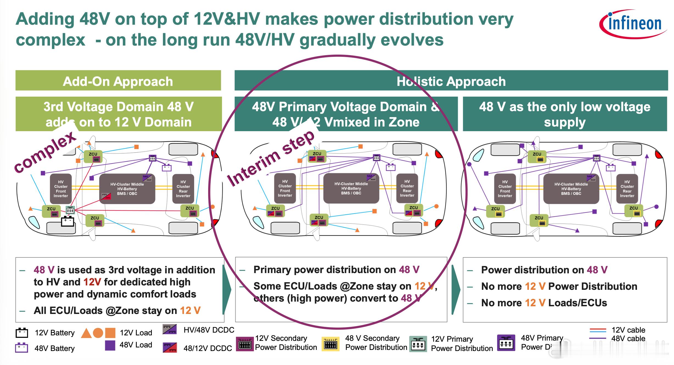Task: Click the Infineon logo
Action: point(633,24)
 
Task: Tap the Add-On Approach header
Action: point(118,81)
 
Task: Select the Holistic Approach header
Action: point(451,81)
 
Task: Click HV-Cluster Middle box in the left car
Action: point(127,189)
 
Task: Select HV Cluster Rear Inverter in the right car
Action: point(627,189)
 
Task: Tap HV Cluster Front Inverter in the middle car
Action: point(285,188)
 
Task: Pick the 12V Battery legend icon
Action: point(22,333)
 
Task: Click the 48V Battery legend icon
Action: point(21,348)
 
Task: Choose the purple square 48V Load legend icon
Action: point(110,345)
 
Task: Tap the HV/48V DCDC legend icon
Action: point(169,329)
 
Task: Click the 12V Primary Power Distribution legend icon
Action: point(418,344)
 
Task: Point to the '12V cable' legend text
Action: point(628,330)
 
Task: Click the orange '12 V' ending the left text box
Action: point(190,310)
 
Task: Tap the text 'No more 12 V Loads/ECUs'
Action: point(544,303)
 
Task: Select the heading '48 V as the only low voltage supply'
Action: point(565,114)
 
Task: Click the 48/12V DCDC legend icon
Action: point(169,347)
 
